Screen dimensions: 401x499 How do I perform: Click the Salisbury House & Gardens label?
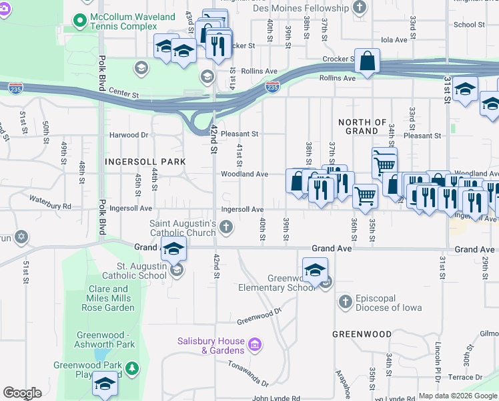pyautogui.click(x=211, y=346)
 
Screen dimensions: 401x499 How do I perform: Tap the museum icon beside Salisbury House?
pyautogui.click(x=254, y=346)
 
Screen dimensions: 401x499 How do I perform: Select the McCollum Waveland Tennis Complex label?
pyautogui.click(x=134, y=21)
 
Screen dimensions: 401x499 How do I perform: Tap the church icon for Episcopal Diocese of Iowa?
pyautogui.click(x=345, y=302)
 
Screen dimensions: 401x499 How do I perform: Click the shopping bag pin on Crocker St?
pyautogui.click(x=367, y=62)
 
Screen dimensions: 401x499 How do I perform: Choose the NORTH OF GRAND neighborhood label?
pyautogui.click(x=362, y=126)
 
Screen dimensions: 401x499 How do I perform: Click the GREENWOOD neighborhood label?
pyautogui.click(x=362, y=333)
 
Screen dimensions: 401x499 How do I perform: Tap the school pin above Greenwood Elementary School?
pyautogui.click(x=315, y=270)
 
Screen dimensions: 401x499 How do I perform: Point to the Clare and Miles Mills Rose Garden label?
pyautogui.click(x=111, y=299)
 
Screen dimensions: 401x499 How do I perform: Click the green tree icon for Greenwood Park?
pyautogui.click(x=132, y=368)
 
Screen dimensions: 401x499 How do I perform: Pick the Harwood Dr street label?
pyautogui.click(x=129, y=134)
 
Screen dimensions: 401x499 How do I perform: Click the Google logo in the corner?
pyautogui.click(x=22, y=393)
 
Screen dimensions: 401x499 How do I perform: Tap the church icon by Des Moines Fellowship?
pyautogui.click(x=360, y=8)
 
